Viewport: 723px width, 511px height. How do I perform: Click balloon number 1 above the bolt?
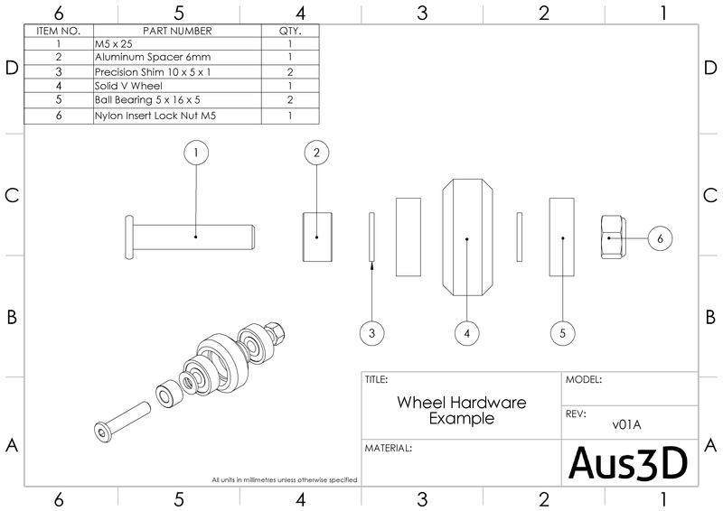[196, 153]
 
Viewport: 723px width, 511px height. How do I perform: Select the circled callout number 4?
[466, 333]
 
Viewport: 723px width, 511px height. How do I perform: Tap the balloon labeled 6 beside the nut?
[660, 238]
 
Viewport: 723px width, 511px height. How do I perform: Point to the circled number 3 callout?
[371, 333]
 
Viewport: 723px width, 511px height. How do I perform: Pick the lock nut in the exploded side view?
[612, 237]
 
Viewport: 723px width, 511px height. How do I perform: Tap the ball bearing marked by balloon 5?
[562, 237]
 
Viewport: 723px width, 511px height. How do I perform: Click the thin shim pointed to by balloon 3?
[371, 237]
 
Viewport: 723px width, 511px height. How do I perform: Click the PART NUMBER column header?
[177, 30]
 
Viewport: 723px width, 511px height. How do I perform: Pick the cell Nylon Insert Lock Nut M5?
[177, 116]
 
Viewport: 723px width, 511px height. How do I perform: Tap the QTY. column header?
[290, 30]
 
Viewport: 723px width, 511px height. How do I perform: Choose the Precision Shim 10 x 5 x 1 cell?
[177, 70]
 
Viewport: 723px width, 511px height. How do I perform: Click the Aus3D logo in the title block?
[628, 462]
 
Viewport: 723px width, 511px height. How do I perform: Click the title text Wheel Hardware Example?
[461, 410]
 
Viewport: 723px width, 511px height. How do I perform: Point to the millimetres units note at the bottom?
[284, 479]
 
